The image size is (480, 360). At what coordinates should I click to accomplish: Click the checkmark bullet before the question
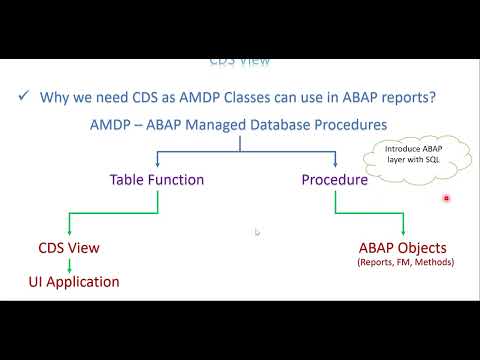point(21,97)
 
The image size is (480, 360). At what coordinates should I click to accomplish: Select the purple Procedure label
point(333,181)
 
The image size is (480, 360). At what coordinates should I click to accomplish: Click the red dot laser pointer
point(446,198)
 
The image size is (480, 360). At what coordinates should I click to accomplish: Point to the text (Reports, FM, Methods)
point(405,263)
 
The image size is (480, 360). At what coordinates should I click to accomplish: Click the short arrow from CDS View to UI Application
point(68,265)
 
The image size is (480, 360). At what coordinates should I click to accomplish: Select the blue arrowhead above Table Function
point(157,166)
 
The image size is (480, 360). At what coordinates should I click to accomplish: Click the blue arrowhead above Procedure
point(334,166)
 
